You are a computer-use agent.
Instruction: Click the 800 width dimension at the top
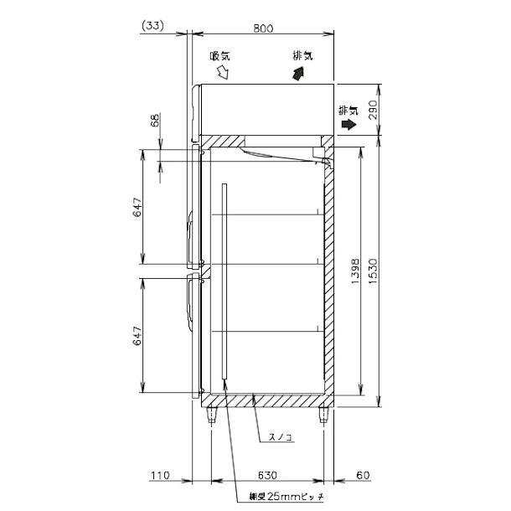pyautogui.click(x=263, y=28)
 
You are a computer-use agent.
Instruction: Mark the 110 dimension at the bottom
pyautogui.click(x=160, y=476)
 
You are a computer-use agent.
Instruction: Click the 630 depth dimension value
pyautogui.click(x=267, y=476)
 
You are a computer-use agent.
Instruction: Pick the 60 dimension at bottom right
pyautogui.click(x=362, y=476)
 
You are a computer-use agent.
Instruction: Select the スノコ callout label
pyautogui.click(x=281, y=437)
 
